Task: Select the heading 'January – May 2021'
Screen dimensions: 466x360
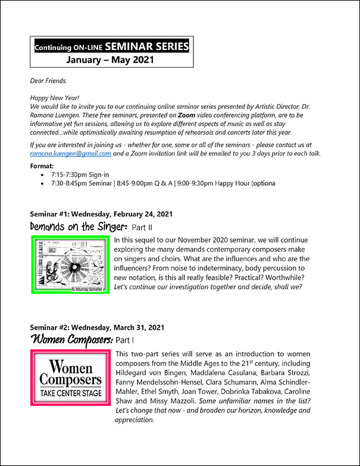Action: [110, 60]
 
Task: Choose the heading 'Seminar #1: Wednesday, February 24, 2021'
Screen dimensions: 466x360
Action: [102, 214]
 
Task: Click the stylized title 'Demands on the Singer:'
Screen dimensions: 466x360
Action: [79, 226]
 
